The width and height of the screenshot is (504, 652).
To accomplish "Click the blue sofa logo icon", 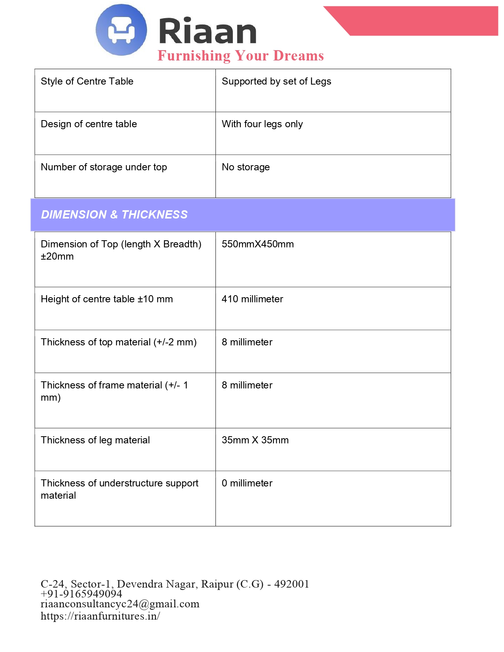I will (121, 30).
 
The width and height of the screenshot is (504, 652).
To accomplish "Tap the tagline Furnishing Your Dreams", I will (240, 56).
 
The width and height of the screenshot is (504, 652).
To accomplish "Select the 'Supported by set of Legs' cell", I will (276, 81).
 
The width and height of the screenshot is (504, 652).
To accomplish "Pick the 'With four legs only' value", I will (262, 124).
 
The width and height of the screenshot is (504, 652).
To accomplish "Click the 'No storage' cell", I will (245, 167).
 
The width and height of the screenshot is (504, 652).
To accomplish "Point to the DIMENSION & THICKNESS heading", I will (114, 215).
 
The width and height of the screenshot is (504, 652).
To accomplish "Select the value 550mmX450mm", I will (257, 244).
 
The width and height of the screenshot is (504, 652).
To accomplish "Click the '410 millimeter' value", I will (252, 299).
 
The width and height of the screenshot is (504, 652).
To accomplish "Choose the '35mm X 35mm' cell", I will (255, 440).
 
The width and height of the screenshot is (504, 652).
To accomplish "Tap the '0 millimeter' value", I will (247, 483).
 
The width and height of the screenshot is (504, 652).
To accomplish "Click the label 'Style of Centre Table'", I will (87, 81).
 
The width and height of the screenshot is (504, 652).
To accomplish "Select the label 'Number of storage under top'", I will (104, 167).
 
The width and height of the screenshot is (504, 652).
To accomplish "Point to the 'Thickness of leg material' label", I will (95, 440).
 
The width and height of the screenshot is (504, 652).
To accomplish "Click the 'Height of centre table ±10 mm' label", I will (107, 299).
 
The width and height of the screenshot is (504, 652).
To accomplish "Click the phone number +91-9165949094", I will (81, 594).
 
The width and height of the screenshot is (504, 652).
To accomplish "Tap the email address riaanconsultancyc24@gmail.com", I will (120, 604).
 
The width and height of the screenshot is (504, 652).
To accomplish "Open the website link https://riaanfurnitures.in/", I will (100, 616).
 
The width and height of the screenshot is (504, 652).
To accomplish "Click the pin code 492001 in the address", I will (291, 584).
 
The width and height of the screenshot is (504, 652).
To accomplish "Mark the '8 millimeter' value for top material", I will (247, 342).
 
